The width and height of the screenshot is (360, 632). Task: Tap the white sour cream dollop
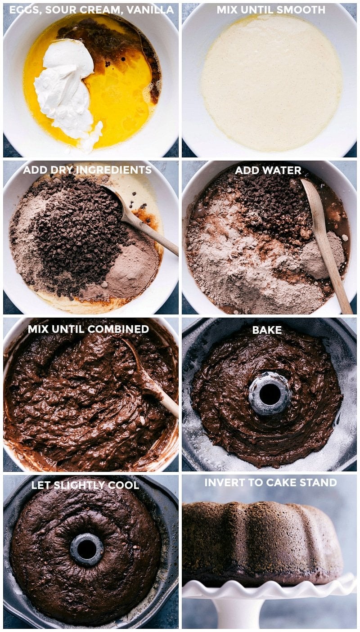65,85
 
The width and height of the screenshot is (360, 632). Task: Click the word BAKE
267,330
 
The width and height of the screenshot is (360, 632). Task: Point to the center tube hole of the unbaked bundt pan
270,394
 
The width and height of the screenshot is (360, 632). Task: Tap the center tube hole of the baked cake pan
86,549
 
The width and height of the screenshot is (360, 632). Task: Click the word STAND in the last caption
320,483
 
